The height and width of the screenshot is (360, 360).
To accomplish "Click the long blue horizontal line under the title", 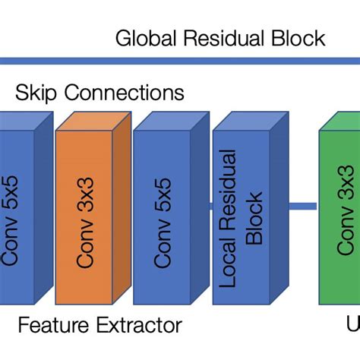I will [180, 61].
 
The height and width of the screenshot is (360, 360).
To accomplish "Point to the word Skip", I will [38, 94].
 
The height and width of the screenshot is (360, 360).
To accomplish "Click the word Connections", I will [125, 94].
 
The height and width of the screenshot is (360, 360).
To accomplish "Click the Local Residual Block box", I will [241, 216].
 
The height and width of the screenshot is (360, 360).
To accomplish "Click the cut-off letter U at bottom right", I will [353, 326].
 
